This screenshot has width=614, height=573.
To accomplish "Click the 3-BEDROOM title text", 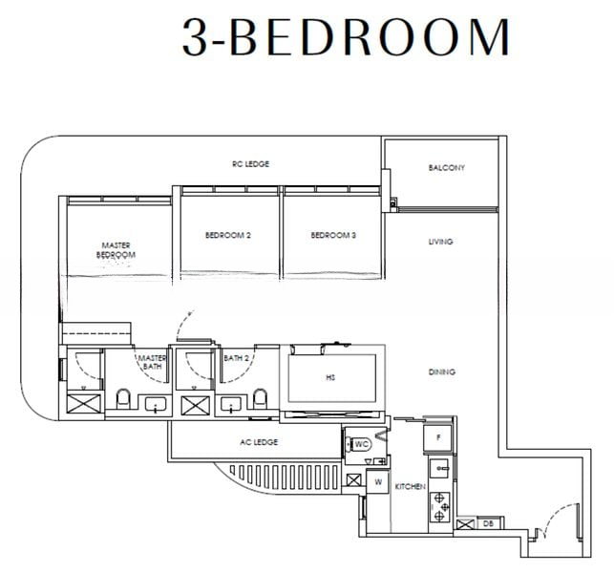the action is point(347,37).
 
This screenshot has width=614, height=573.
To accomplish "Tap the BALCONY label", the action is point(446,168).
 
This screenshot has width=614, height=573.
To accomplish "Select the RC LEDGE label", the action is point(250,164).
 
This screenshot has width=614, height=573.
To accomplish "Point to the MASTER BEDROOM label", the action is point(116,250).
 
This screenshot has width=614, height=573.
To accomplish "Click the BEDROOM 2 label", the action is point(228,235).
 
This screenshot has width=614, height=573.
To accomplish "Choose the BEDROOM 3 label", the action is point(333,235).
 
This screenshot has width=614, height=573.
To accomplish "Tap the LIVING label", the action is point(440,242).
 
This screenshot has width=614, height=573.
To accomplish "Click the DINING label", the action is point(442,371).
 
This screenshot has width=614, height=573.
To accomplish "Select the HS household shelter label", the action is point(330,377).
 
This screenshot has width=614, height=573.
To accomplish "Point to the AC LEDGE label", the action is point(259,442).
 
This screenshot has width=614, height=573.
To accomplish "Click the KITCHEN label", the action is point(410,486).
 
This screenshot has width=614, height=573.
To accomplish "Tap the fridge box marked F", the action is point(437,438).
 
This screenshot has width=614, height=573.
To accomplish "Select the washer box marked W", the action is point(378,481).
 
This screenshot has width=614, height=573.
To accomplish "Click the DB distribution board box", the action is point(488,523).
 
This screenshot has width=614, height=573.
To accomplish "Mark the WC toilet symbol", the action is point(359,444).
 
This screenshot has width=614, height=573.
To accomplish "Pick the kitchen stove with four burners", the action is point(440,507).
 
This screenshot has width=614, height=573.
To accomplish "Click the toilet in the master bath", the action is point(123,398).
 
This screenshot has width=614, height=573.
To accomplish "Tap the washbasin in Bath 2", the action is point(231,403).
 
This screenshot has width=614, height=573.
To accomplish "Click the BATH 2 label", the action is point(236,358).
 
